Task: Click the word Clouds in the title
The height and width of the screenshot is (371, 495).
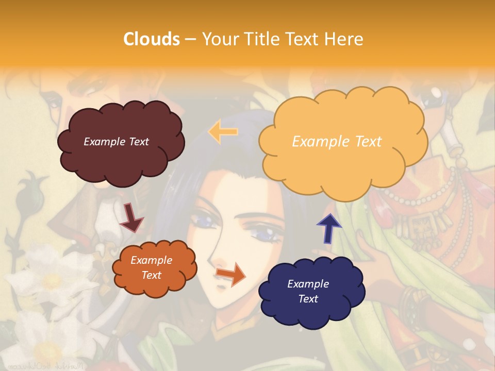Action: [152, 39]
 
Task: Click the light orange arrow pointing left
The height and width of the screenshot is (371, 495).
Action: [223, 131]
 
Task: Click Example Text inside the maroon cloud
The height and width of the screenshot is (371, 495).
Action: [116, 142]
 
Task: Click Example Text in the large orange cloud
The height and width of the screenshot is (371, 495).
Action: [337, 142]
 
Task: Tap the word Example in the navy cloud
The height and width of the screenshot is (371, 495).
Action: [308, 284]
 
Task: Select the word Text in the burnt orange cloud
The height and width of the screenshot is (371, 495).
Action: [151, 275]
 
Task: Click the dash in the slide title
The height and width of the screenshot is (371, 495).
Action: [190, 39]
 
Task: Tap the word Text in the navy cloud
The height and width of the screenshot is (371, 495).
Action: [308, 299]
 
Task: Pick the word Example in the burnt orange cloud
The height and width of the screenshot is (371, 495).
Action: [151, 260]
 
